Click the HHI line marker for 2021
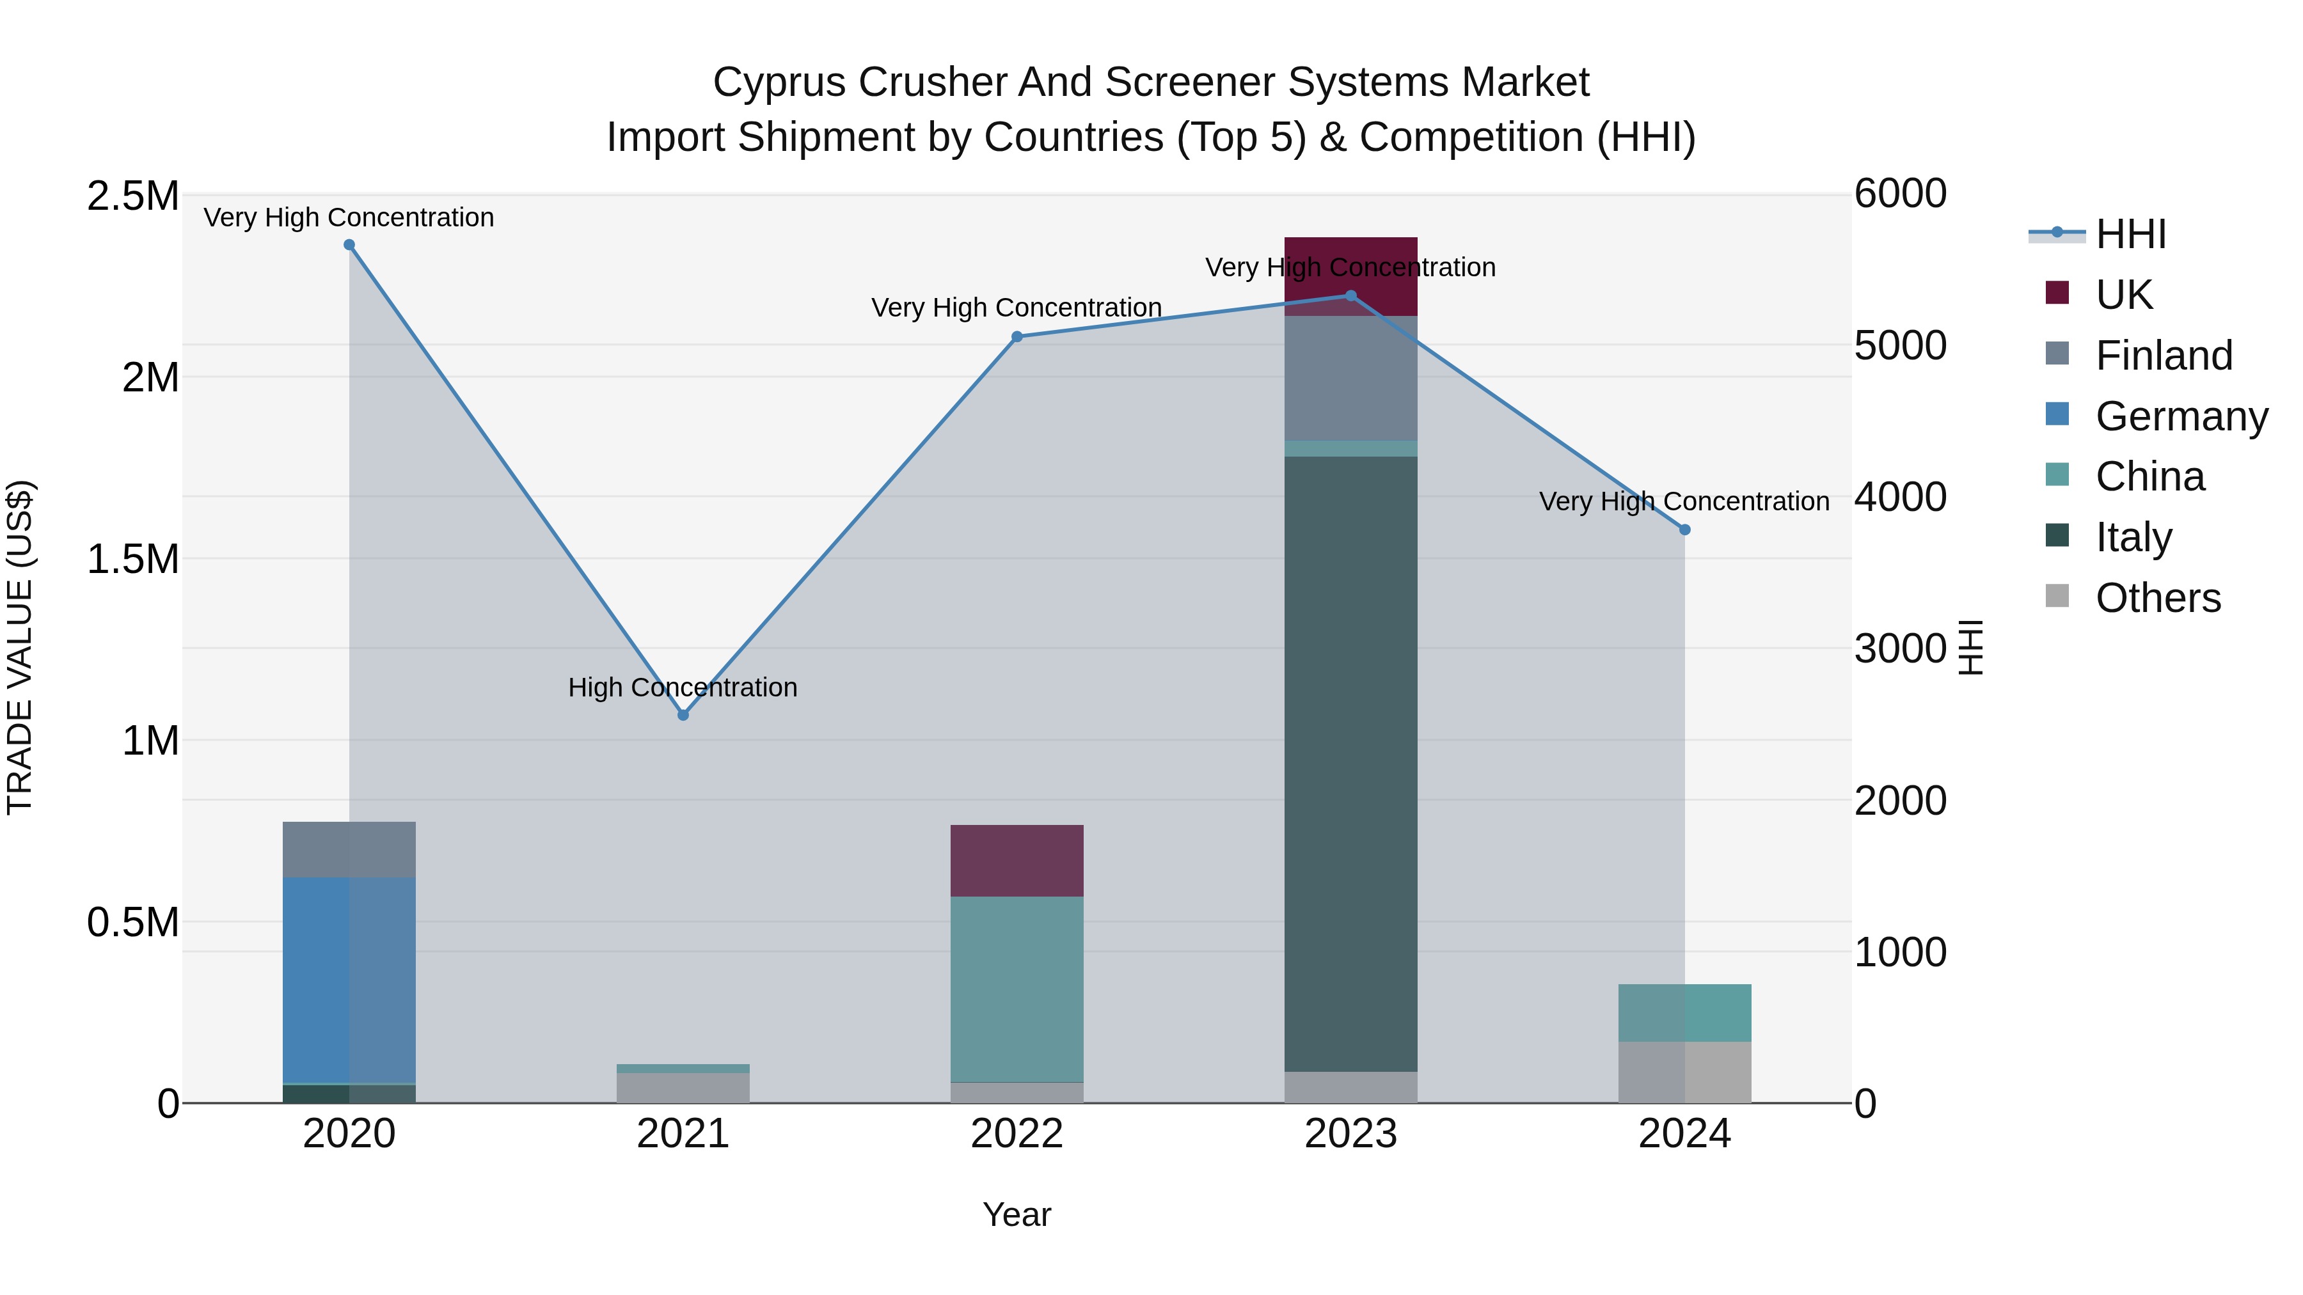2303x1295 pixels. [683, 715]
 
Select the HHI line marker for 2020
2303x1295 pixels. [349, 245]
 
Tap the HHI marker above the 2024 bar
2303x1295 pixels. [1684, 530]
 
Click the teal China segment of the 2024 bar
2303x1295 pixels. [1684, 1012]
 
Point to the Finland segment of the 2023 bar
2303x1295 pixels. [1351, 378]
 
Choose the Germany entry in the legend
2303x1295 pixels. [2181, 416]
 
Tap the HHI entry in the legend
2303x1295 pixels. [2130, 234]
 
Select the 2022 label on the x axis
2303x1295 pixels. [1017, 1134]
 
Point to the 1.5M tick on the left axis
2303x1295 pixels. [132, 560]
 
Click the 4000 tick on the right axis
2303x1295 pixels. [1900, 497]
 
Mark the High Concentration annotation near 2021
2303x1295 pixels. [683, 687]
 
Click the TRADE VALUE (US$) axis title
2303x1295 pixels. [20, 647]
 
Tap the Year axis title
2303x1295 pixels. [1017, 1214]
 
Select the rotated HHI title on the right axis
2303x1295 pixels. [1970, 647]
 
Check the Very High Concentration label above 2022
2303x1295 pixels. [1017, 308]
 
